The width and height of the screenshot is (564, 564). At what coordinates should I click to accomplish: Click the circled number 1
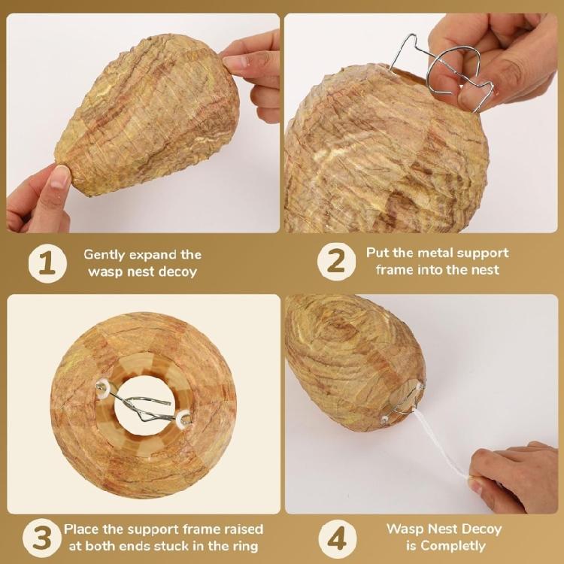47,263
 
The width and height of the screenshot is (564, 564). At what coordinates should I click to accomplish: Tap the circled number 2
336,262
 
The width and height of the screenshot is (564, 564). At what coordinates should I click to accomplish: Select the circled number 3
42,538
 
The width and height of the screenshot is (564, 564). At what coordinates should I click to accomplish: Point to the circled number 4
338,538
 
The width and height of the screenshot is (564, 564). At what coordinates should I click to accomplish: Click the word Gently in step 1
105,255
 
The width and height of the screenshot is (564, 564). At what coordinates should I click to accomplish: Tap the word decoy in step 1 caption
177,272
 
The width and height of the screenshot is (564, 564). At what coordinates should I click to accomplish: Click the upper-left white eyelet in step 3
104,388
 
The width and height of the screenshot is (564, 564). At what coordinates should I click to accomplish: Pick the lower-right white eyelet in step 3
185,419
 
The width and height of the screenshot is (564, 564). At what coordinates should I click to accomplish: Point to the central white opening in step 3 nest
144,406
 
